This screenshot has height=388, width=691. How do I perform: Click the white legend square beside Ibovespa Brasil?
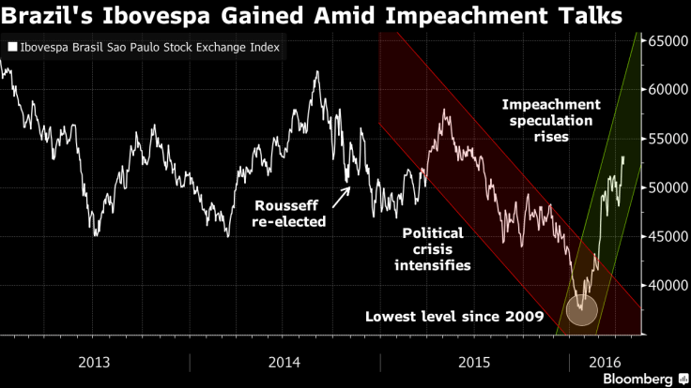coord(10,46)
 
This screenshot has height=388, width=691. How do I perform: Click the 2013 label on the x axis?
coord(94,362)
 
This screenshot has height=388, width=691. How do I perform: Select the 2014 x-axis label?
coord(283,362)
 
